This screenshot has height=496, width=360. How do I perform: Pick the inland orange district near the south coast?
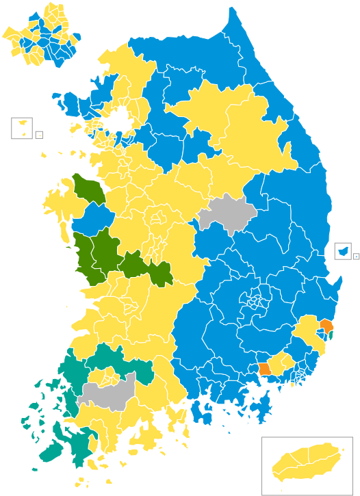point(264,368)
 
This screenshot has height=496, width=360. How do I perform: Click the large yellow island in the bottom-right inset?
point(306,463)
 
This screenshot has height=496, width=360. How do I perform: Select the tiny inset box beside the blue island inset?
point(356,255)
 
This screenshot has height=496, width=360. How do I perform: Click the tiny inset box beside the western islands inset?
point(39,135)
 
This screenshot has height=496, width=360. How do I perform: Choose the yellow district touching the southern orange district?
point(279,363)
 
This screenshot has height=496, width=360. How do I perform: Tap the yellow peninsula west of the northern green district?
point(55,203)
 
